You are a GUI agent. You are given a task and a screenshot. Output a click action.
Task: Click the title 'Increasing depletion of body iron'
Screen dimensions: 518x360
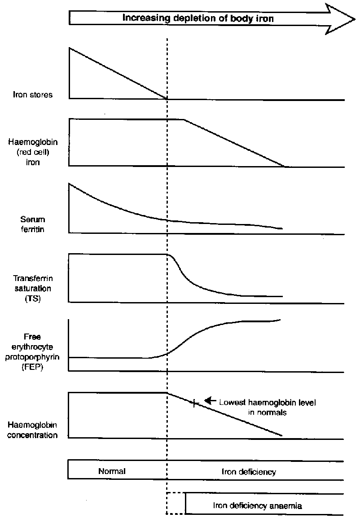pyautogui.click(x=198, y=18)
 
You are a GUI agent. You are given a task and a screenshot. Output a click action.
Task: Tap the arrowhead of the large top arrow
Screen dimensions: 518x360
pyautogui.click(x=341, y=18)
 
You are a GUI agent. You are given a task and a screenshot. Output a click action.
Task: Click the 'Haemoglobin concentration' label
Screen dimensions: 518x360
pyautogui.click(x=33, y=429)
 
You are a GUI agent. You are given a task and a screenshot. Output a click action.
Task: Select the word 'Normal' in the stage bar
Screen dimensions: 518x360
pyautogui.click(x=112, y=472)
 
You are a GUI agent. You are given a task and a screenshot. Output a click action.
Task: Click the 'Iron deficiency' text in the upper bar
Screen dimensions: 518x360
pyautogui.click(x=249, y=472)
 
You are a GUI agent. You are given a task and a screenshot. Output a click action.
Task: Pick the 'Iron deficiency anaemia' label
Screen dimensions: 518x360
pyautogui.click(x=257, y=505)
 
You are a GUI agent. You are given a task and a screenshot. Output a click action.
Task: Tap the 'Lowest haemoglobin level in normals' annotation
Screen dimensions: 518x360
pyautogui.click(x=267, y=407)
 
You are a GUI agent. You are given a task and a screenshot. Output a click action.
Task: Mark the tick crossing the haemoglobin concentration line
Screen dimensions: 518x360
pyautogui.click(x=194, y=403)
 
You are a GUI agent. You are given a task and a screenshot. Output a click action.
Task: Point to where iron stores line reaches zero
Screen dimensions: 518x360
pyautogui.click(x=167, y=98)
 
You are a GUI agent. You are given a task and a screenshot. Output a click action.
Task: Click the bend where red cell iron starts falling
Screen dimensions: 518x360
pyautogui.click(x=184, y=119)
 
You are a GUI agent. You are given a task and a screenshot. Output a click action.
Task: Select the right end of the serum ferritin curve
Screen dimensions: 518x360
pyautogui.click(x=282, y=228)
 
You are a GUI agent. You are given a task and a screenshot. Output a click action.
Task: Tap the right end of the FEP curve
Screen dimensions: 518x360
pyautogui.click(x=281, y=319)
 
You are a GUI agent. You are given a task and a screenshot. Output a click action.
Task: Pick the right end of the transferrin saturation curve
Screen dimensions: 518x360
pyautogui.click(x=282, y=296)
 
